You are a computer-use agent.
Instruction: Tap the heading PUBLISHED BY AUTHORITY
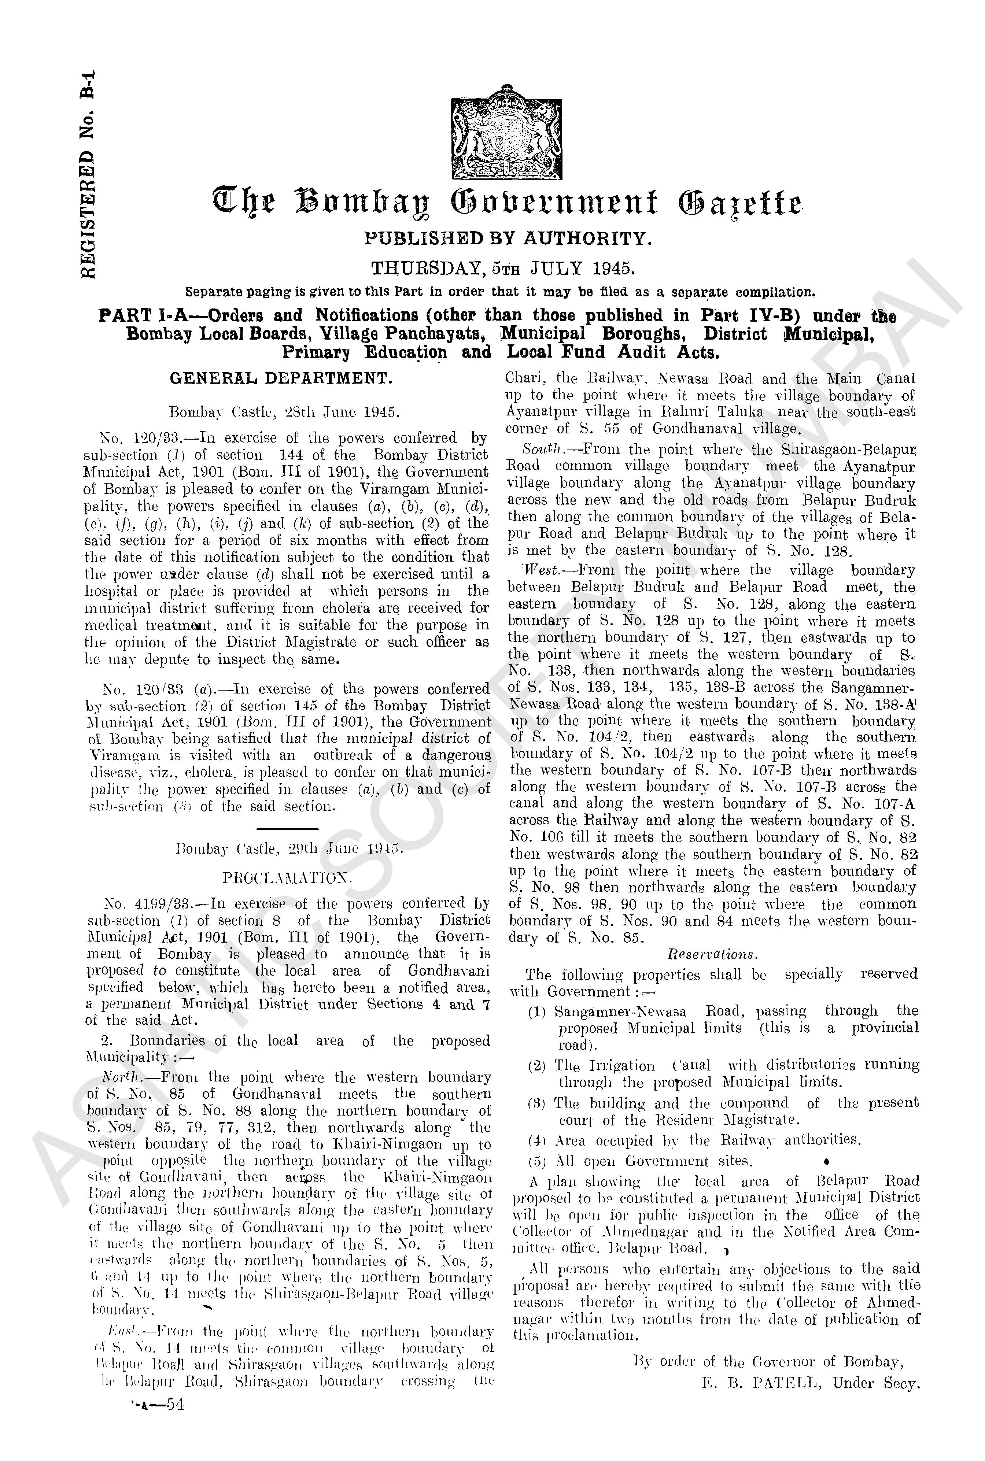pyautogui.click(x=509, y=238)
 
